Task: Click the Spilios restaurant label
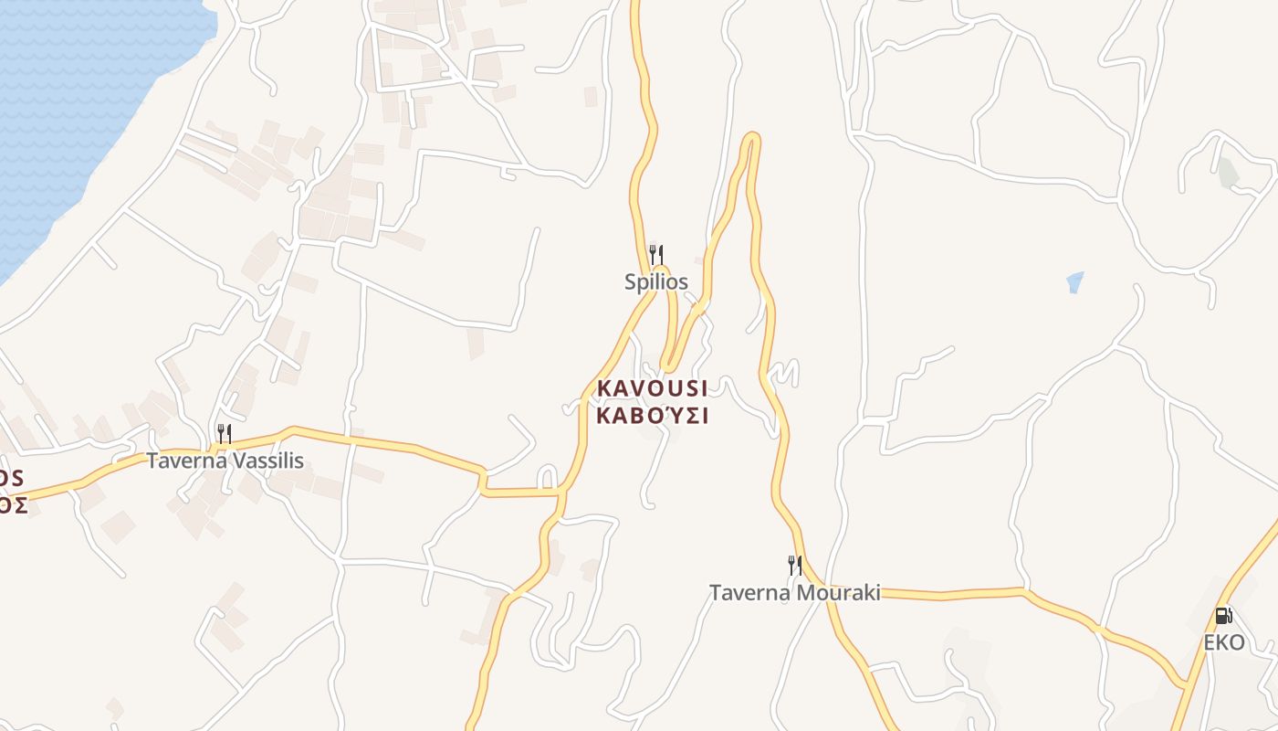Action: point(655,282)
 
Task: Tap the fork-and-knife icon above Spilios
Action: point(655,253)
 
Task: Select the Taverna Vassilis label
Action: point(225,461)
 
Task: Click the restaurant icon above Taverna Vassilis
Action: point(225,432)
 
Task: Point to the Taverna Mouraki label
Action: point(795,593)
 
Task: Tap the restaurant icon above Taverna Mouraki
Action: point(795,565)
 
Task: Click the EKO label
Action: point(1223,642)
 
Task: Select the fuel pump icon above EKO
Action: point(1223,615)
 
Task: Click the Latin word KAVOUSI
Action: point(652,388)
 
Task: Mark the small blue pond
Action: point(1075,281)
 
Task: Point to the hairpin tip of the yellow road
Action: point(751,138)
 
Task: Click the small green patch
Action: point(1229,172)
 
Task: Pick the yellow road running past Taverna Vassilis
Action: point(365,442)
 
